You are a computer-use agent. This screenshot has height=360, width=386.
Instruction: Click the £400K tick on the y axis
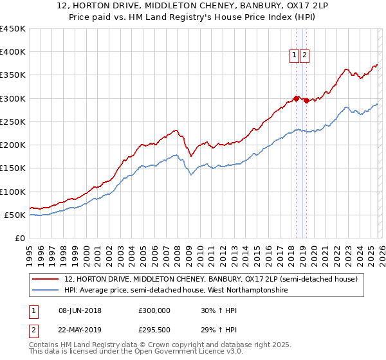(x=13, y=52)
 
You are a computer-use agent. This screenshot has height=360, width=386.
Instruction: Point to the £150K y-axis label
(x=13, y=168)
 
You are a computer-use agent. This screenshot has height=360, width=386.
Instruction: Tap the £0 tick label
(x=19, y=238)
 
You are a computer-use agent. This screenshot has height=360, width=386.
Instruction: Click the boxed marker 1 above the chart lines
(x=295, y=56)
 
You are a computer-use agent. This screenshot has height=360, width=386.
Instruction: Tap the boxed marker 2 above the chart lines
(x=304, y=56)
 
